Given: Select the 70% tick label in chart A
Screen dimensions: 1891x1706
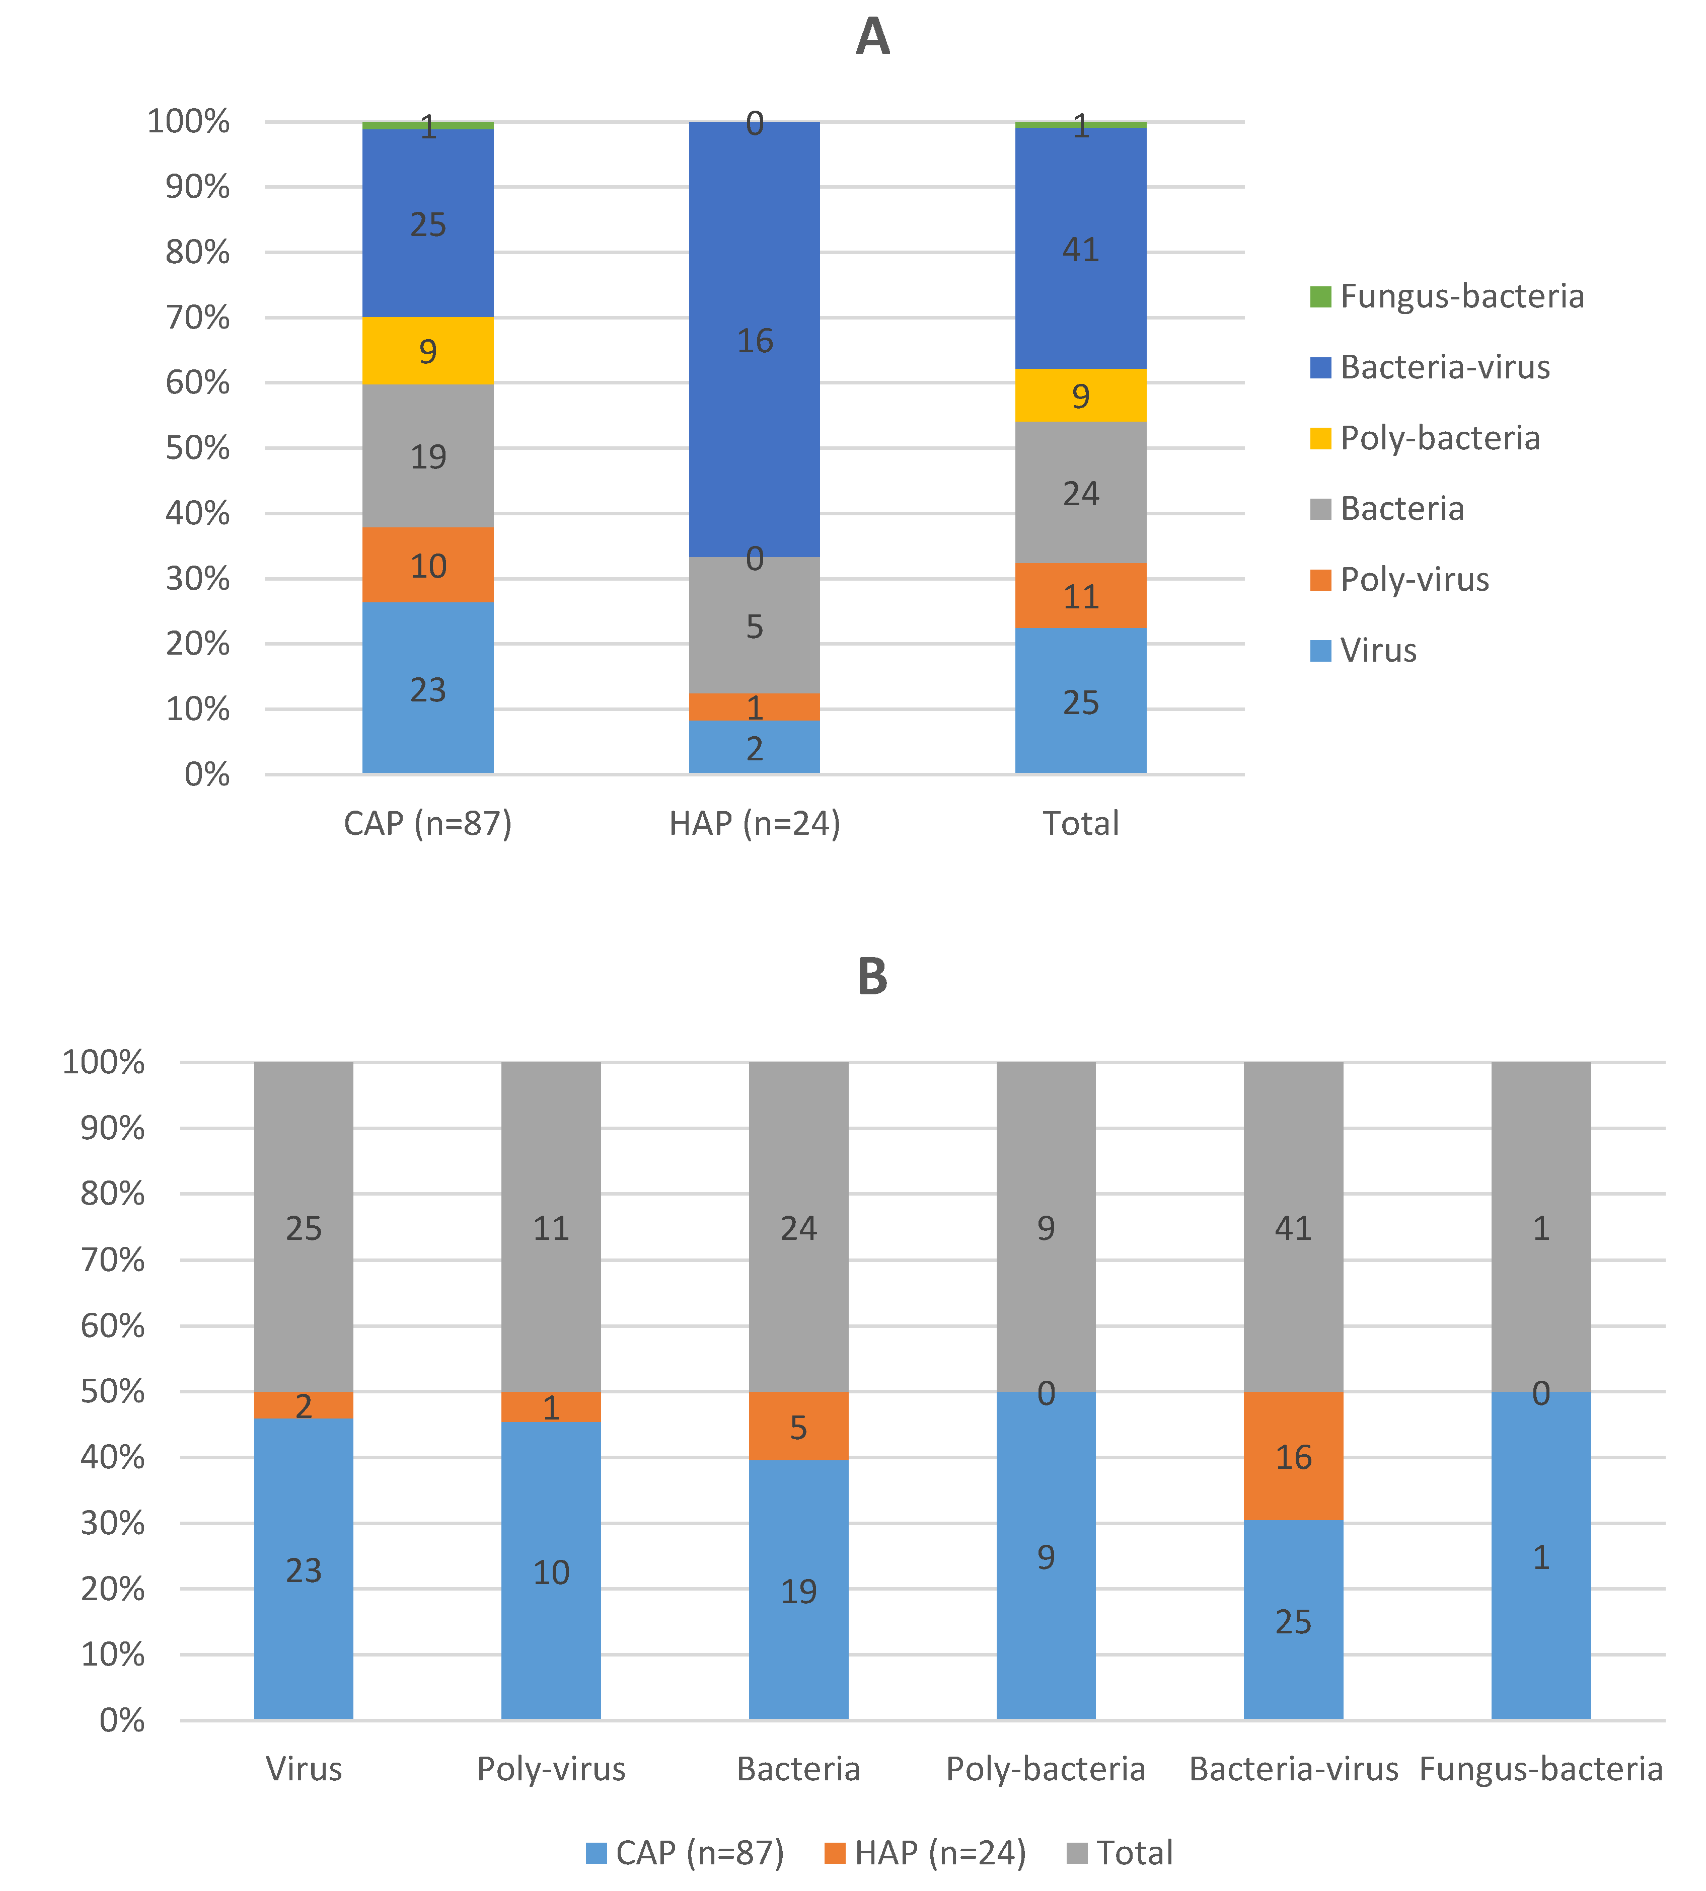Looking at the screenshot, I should coord(197,318).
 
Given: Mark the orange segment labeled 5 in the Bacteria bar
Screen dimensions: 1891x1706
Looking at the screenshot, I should coord(798,1427).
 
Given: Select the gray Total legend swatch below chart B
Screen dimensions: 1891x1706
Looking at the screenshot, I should coord(1077,1853).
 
